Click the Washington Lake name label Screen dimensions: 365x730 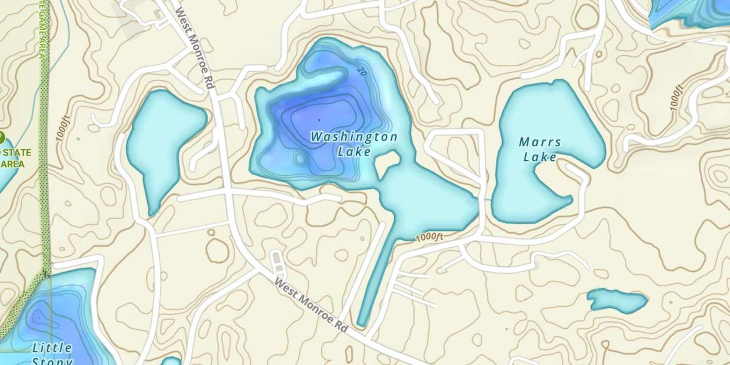click(354, 144)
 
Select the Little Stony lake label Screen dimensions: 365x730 click(52, 354)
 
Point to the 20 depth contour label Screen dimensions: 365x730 click(361, 72)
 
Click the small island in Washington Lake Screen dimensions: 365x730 click(387, 163)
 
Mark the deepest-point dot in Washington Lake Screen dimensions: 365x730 click(319, 120)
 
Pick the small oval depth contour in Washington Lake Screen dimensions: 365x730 click(299, 158)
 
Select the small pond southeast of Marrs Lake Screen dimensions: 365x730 click(617, 300)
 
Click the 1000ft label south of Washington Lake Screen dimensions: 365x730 click(429, 237)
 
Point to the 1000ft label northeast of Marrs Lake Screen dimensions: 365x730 click(677, 97)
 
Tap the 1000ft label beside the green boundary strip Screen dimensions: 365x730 click(63, 128)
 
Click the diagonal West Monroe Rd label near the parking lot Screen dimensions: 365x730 click(311, 305)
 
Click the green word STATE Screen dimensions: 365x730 click(16, 153)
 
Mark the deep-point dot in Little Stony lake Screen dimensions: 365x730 click(38, 318)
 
